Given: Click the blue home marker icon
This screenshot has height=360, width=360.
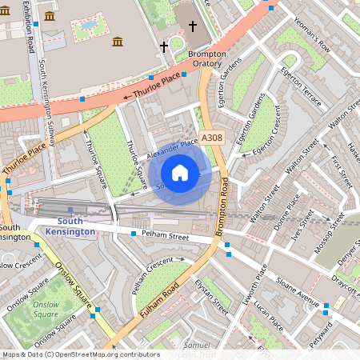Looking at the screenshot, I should tap(180, 173).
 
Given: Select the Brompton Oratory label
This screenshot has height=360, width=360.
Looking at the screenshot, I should tap(206, 59).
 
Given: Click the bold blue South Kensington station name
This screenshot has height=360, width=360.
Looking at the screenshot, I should tap(69, 226).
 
